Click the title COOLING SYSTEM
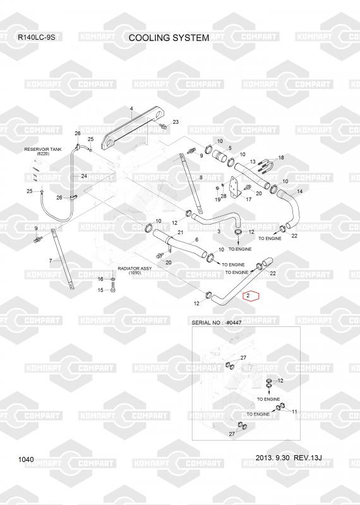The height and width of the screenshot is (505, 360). point(169,38)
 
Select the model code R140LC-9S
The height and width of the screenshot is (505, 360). point(36,37)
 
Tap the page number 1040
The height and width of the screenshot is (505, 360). point(26,460)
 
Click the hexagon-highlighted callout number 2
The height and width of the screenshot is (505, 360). point(248,295)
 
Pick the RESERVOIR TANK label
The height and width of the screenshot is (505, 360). point(43,150)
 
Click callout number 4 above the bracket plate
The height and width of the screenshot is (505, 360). point(131,109)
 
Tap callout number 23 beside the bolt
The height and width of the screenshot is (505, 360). point(176,122)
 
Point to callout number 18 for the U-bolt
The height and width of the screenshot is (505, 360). point(281,157)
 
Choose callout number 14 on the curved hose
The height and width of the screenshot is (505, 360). point(300,191)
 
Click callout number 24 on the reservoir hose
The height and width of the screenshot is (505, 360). point(84,176)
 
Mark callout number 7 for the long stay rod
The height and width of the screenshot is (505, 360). point(51,261)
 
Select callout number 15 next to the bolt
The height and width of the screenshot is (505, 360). point(100,290)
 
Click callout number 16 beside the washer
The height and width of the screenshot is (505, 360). point(100,279)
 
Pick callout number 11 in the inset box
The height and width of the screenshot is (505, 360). point(294,412)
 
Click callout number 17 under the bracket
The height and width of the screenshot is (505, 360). point(248,199)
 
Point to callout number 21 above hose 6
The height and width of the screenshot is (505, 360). point(181,232)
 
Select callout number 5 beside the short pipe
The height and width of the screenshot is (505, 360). point(230,148)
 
